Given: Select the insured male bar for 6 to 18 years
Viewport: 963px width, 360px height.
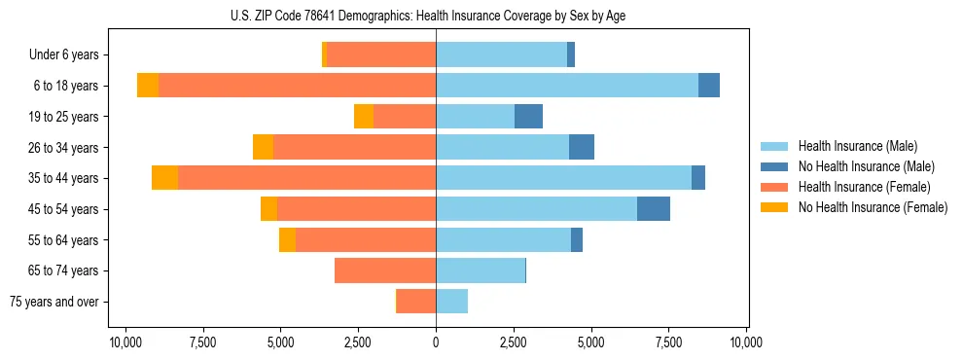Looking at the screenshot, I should click(567, 86).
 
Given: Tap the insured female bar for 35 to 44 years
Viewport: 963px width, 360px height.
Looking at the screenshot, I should click(306, 178).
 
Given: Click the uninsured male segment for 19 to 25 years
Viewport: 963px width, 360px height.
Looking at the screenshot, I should click(528, 117).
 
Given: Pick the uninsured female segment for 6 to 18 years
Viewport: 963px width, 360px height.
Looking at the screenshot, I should click(148, 86).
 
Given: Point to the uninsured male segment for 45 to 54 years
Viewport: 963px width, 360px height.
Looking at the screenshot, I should click(654, 209).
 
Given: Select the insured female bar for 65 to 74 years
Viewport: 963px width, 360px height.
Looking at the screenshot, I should click(385, 270).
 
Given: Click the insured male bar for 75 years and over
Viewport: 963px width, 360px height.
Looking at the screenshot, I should click(451, 302).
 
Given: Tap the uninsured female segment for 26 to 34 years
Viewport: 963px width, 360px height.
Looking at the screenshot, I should click(263, 147).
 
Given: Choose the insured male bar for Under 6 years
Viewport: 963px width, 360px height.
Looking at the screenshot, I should click(501, 54).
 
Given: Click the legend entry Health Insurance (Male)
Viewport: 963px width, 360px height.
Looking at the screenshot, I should click(857, 146).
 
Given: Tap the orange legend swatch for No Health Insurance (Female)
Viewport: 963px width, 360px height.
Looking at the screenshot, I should click(774, 207).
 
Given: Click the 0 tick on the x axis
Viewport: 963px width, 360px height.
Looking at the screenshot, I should click(436, 342).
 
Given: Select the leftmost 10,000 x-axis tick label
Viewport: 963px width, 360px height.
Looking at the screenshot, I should click(125, 342).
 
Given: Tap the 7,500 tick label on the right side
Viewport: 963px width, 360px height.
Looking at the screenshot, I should click(668, 342).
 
